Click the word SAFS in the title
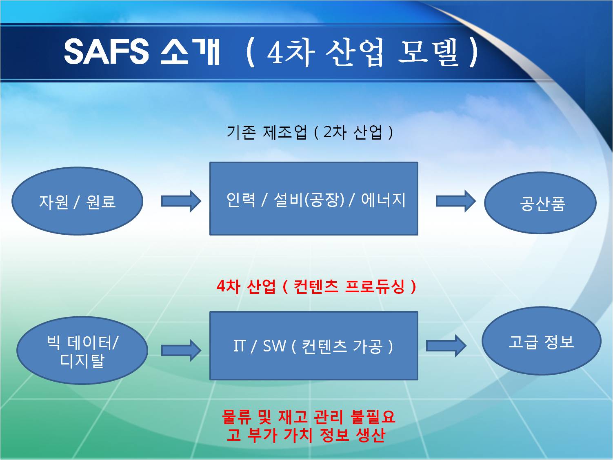point(107,51)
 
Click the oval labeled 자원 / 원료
point(78,201)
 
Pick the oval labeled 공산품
point(540,203)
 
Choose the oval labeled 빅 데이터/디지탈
point(82,351)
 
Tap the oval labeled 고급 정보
point(542,341)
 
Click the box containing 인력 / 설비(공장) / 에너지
point(313,199)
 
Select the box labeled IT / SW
point(313,346)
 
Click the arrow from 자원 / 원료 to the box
point(181,201)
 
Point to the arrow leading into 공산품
point(456,201)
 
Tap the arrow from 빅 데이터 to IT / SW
point(181,351)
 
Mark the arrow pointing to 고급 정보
point(446,346)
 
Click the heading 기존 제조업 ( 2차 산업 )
point(310,132)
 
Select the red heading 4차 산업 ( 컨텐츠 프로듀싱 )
point(316,286)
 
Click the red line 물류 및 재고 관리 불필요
point(309,417)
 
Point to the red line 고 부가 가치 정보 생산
point(306,435)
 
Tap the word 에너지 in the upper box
point(383,200)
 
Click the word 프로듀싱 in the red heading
point(375,286)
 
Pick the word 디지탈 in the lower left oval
point(82,360)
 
